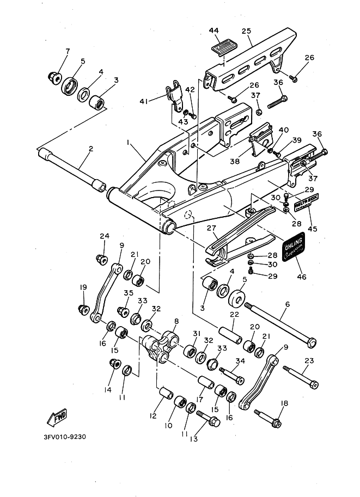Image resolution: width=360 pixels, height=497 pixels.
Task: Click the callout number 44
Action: click(x=213, y=31)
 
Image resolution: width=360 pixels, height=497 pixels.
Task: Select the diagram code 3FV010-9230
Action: click(x=65, y=437)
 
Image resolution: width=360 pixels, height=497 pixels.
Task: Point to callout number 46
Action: click(x=301, y=277)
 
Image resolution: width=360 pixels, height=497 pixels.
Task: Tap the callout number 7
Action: click(x=68, y=52)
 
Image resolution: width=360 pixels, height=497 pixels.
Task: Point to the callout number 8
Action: click(x=176, y=322)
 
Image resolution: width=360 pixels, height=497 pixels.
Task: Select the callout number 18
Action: click(x=283, y=403)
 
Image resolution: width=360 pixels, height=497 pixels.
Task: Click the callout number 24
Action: click(x=104, y=236)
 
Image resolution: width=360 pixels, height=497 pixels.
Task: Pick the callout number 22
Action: click(x=234, y=315)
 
